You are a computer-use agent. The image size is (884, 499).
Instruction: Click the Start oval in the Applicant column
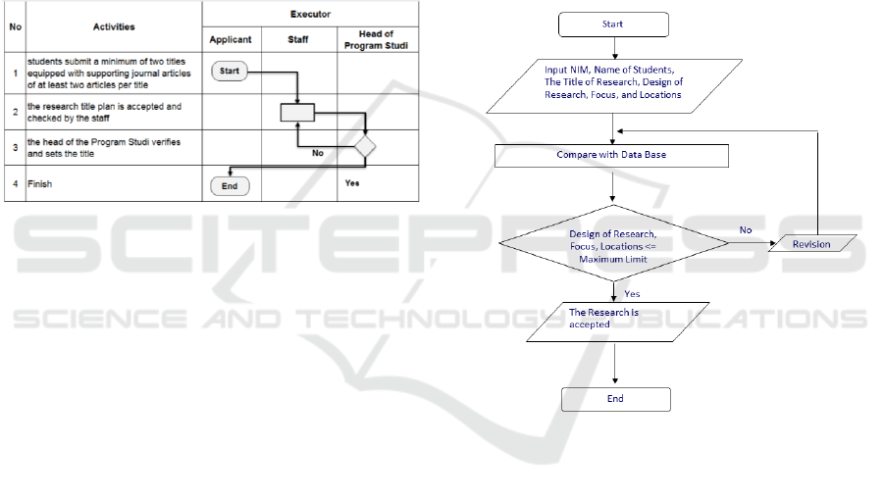point(230,71)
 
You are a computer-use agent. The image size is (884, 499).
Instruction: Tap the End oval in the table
point(230,185)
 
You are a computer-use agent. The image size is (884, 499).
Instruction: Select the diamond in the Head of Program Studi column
point(365,147)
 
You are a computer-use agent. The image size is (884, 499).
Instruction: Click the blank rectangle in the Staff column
point(297,113)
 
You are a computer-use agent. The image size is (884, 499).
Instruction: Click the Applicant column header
point(231,40)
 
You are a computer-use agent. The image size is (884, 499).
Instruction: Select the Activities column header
point(114,27)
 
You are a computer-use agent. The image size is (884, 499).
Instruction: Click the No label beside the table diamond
point(318,153)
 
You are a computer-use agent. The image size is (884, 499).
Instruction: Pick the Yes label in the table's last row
point(352,182)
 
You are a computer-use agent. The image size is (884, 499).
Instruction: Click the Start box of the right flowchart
point(614,25)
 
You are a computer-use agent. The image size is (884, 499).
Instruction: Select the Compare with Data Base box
point(612,156)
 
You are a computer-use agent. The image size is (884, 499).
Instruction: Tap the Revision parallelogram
point(811,244)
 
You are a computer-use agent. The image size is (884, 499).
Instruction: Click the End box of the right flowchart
point(615,399)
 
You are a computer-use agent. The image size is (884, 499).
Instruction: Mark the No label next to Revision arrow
point(746,230)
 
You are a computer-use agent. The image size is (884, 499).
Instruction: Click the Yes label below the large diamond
point(633,293)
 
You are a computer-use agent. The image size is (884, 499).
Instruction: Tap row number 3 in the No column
point(15,147)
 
